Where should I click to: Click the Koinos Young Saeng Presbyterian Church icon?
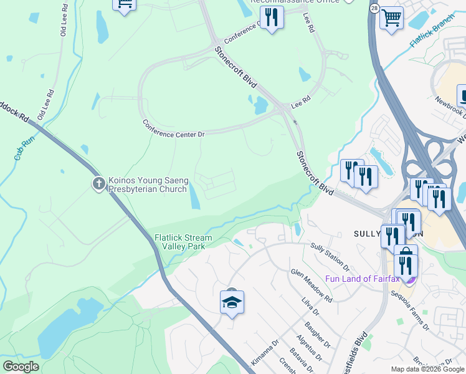click(98, 183)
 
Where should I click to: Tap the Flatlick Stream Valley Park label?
click(183, 242)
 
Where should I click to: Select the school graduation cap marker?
click(232, 304)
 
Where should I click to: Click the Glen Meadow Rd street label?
click(311, 285)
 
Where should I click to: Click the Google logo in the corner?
click(21, 367)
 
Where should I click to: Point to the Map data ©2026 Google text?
click(427, 369)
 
